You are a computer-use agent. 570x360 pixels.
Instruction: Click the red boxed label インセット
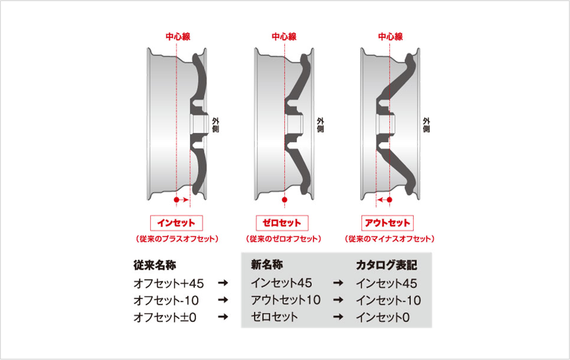click(x=176, y=223)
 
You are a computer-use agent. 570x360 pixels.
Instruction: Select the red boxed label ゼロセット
click(x=282, y=223)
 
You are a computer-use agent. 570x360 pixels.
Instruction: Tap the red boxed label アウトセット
click(x=387, y=223)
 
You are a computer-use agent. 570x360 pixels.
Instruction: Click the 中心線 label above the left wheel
click(x=178, y=37)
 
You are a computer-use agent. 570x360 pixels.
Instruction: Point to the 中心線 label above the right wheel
click(x=390, y=37)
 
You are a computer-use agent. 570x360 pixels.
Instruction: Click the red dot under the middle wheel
click(x=285, y=200)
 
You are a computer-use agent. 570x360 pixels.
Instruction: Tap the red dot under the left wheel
click(x=176, y=200)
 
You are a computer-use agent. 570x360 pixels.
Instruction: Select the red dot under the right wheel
click(x=389, y=200)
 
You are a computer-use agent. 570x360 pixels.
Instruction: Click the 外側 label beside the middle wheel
click(x=320, y=125)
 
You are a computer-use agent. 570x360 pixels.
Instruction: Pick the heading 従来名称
click(x=155, y=265)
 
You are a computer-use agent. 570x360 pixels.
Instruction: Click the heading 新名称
click(x=267, y=265)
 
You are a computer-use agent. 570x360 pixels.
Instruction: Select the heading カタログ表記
click(x=386, y=265)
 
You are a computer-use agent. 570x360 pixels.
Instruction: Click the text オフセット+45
click(x=169, y=283)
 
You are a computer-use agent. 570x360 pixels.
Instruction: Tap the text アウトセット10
click(x=285, y=300)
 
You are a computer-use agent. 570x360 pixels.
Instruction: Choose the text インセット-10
click(x=388, y=300)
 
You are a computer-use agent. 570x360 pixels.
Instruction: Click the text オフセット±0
click(x=165, y=318)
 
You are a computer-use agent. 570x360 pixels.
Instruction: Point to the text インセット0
click(x=383, y=318)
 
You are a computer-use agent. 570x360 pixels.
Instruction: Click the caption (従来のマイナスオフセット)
click(x=389, y=239)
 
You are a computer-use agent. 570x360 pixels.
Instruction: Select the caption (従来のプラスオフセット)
click(x=177, y=239)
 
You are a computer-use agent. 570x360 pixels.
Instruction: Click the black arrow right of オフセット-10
click(x=223, y=300)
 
